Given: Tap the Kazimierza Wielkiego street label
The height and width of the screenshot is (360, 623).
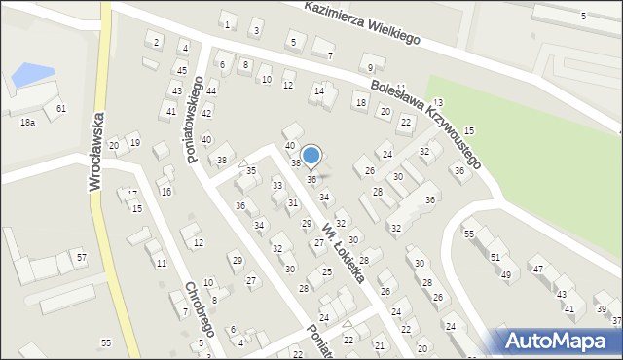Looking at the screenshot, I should coord(360,22).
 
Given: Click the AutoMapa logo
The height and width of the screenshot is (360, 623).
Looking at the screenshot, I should coord(554,341).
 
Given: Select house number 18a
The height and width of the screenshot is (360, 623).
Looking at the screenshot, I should coord(27,122).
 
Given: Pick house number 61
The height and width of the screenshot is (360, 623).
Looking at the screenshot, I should coord(60,108).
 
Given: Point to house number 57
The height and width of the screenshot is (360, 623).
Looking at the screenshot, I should coord(82,257).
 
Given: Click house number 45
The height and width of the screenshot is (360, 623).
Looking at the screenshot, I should coord(181,70).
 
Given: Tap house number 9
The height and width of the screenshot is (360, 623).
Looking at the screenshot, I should coord(369,67).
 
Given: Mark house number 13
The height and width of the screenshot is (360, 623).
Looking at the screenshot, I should coord(438,102).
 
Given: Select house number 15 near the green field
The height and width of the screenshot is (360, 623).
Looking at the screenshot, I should coord(468,130).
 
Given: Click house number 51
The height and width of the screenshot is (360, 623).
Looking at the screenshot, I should coord(495,257).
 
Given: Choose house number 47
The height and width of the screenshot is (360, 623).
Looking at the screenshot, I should coord(536,269).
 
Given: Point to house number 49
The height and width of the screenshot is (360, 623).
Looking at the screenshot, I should coord(506,274).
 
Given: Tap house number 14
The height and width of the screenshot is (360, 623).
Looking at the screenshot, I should coord(317,91).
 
